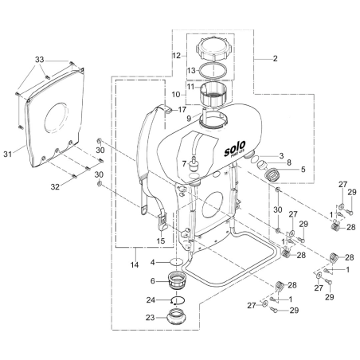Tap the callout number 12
pyautogui.click(x=178, y=55)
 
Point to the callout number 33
pyautogui.click(x=41, y=59)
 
